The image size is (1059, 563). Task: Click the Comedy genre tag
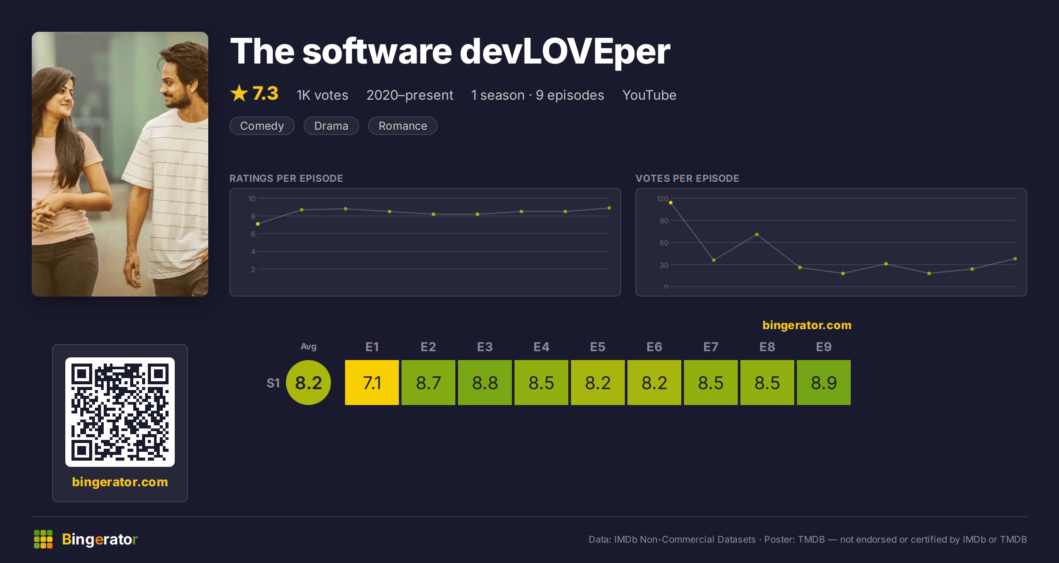coord(262,126)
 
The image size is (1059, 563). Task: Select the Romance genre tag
coord(402,126)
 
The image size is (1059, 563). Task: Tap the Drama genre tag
coord(331,126)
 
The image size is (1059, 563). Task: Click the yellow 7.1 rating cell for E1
coord(372,383)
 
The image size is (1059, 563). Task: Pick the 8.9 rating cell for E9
coord(824,383)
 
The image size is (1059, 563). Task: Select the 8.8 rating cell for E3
coord(485,383)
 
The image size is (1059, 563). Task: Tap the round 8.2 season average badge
coord(308,383)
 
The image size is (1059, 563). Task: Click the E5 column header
coord(598,347)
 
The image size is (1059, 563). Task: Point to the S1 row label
coord(273,383)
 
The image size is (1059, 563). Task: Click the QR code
coord(120,412)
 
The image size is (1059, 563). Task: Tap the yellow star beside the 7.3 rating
coord(239,93)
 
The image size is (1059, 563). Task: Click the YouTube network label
coord(649,95)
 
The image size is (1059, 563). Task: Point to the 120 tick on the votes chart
coord(662,199)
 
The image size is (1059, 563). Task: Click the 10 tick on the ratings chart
coord(252,199)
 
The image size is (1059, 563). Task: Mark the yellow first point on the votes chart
coord(671,203)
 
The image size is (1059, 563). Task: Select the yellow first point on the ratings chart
coord(258,224)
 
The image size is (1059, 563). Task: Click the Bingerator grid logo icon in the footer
coord(43,539)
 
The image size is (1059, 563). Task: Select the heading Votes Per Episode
coord(687,178)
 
